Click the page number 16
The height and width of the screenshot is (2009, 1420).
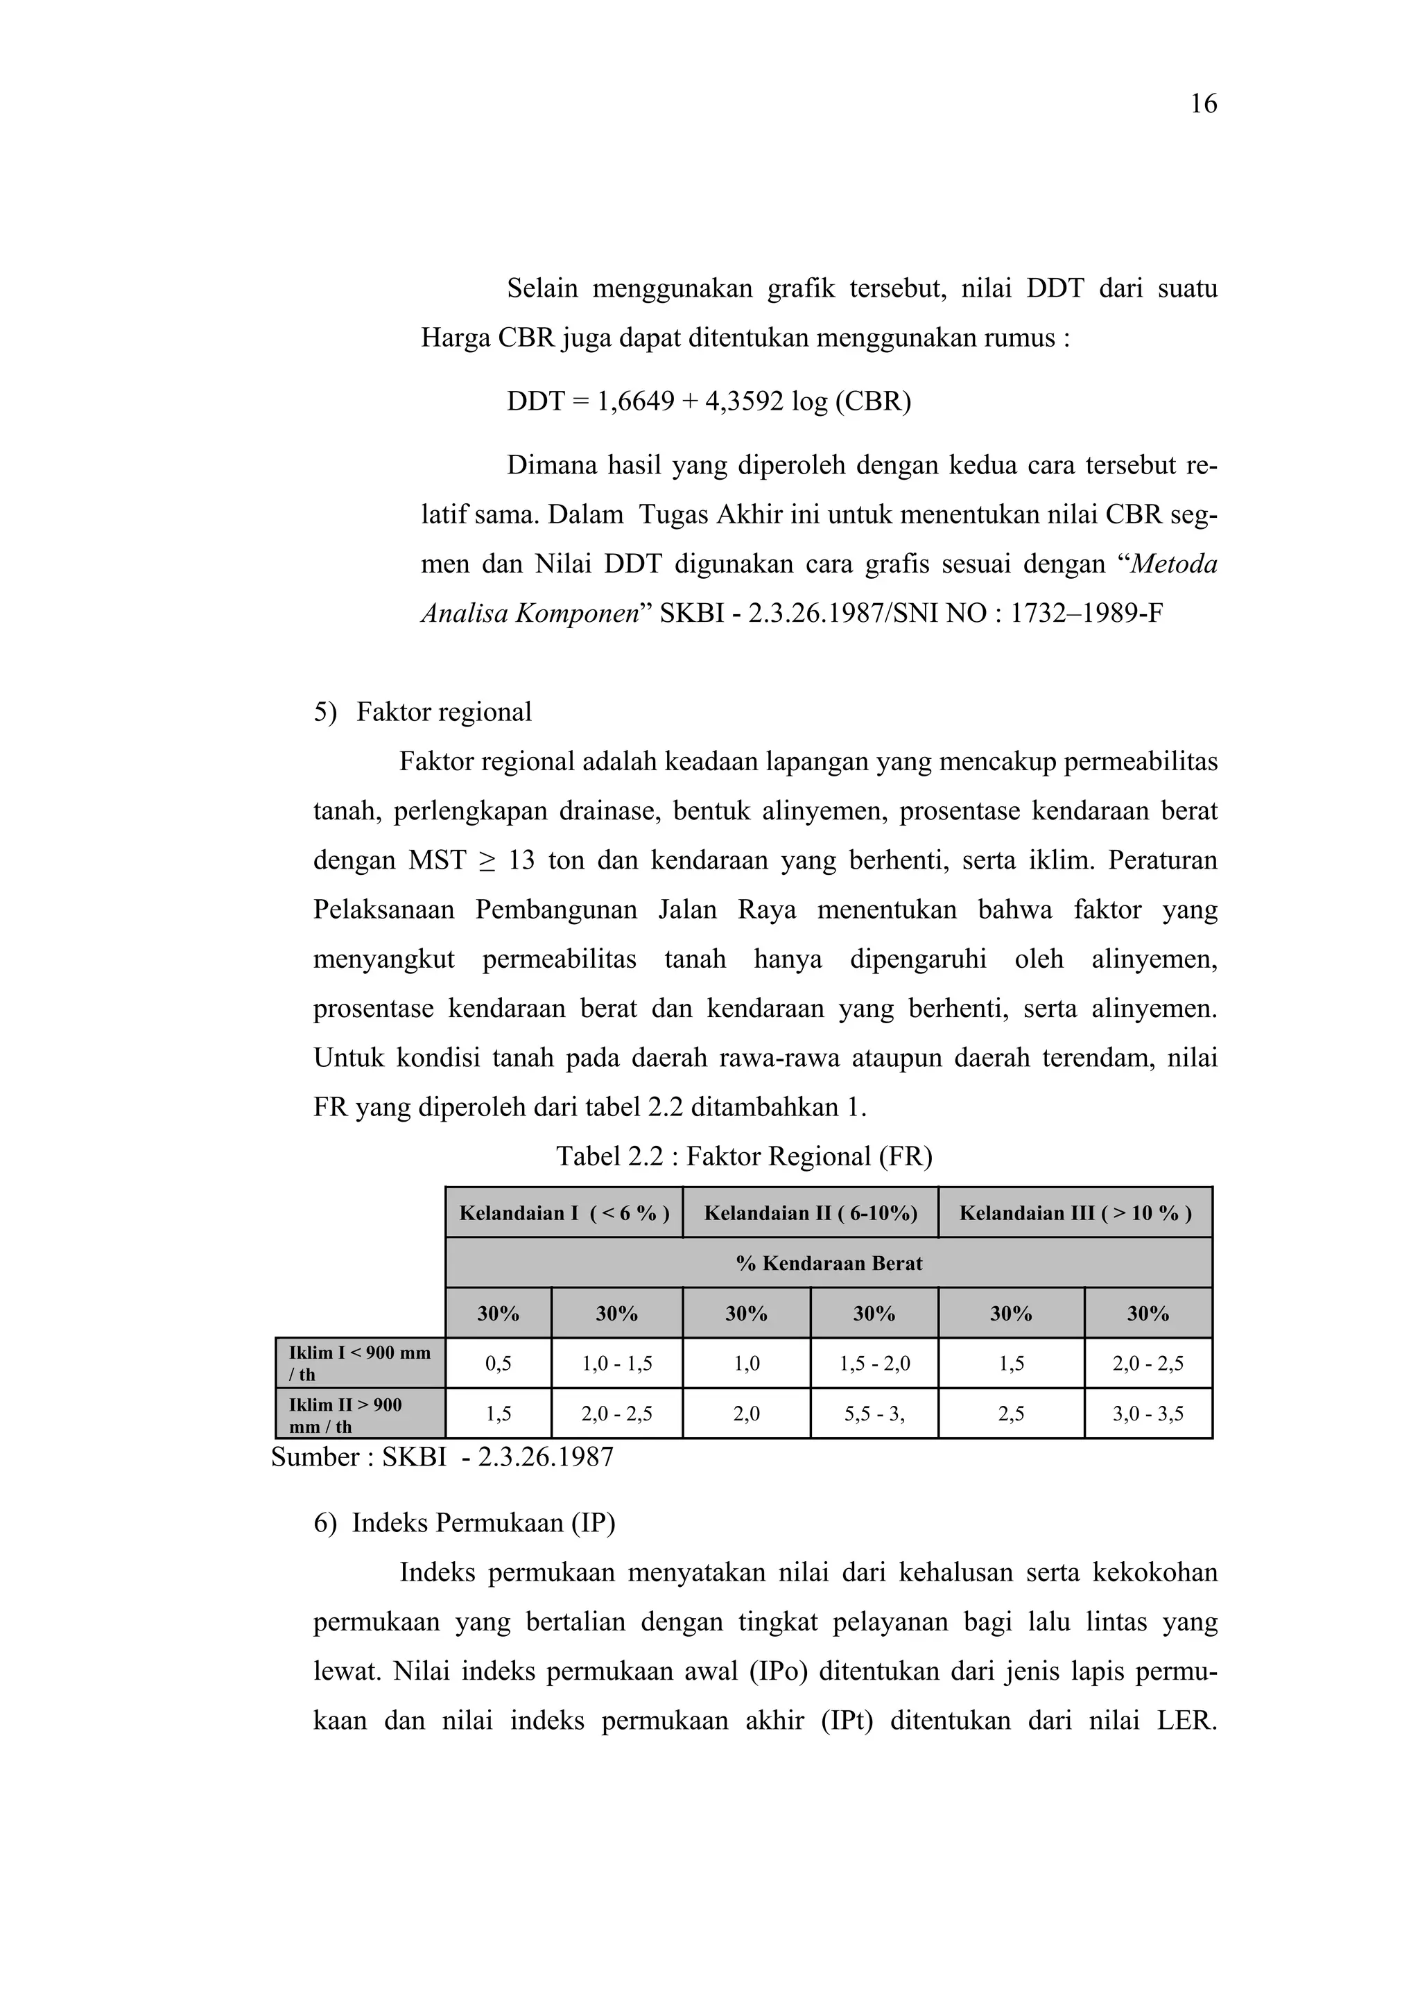[1203, 104]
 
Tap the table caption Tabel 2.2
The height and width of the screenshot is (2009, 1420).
[744, 1157]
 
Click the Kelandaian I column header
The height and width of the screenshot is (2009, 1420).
[564, 1212]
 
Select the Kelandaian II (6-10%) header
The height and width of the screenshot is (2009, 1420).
[810, 1212]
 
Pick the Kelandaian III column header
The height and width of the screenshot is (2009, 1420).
[1075, 1212]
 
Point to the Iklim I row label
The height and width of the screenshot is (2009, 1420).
[360, 1362]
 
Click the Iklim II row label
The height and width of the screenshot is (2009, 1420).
[360, 1415]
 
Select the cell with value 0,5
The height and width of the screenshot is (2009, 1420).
[498, 1363]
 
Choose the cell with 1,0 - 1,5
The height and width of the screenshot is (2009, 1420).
[617, 1363]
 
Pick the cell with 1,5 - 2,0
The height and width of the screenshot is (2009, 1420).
[874, 1363]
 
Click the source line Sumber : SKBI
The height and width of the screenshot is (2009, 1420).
[442, 1457]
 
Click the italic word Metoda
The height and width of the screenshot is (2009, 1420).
[1173, 564]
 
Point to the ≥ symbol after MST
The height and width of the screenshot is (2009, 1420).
[487, 861]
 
